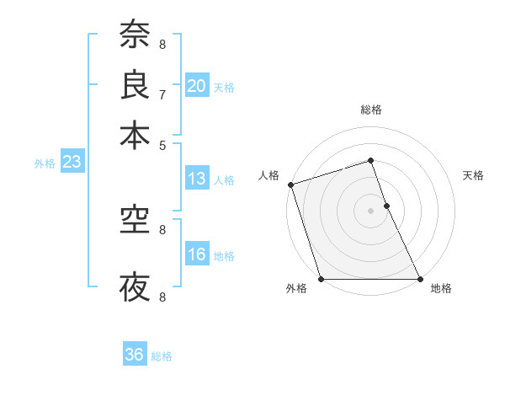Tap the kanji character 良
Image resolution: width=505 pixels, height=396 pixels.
point(135,84)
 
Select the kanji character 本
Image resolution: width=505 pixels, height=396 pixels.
point(135,135)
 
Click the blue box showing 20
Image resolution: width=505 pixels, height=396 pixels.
point(197,85)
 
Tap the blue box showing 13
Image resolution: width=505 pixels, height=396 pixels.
point(197,179)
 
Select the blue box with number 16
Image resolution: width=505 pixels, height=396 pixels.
point(197,254)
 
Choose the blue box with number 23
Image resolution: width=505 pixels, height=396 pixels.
point(72,162)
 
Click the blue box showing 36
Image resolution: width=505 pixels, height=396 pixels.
point(135,355)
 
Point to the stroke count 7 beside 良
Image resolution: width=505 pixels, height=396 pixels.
point(162,94)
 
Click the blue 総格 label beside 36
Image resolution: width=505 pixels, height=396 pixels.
point(162,356)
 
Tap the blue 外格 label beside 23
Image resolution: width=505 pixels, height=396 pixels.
point(45,163)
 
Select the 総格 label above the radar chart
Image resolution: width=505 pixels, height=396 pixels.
point(371,110)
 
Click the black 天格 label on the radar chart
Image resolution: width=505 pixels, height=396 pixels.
point(473,175)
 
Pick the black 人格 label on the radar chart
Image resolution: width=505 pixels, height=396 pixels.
point(268,175)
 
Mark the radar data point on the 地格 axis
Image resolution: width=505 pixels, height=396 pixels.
point(419,279)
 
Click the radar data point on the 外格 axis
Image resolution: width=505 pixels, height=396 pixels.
point(322,279)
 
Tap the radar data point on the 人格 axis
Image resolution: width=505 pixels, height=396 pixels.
point(291,185)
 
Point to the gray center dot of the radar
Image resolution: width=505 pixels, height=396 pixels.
point(371,211)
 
